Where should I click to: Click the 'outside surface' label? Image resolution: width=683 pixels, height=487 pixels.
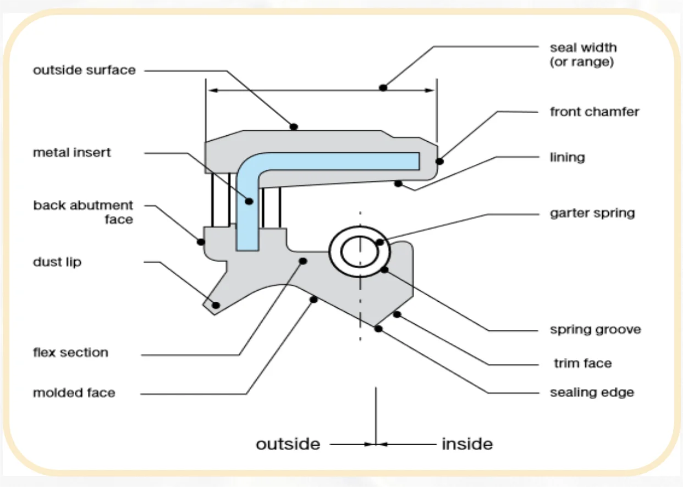84,70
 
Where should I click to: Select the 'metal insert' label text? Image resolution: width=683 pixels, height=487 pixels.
72,153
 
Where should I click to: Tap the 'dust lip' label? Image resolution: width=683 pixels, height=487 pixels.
57,262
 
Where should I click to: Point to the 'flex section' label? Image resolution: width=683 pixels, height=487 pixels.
70,353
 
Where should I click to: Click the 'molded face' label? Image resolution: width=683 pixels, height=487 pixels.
74,393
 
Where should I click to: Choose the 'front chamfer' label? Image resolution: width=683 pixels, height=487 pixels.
594,112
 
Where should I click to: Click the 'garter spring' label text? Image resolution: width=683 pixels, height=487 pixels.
592,213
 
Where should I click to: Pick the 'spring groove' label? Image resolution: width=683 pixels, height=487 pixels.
596,330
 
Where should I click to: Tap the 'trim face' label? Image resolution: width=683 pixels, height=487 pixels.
582,363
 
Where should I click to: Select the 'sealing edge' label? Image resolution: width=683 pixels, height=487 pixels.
592,392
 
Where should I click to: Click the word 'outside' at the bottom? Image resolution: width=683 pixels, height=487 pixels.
288,444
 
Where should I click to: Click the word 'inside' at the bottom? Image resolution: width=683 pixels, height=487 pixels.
467,444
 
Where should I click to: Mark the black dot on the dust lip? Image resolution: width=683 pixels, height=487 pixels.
216,305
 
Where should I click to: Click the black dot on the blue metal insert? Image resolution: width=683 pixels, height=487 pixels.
249,202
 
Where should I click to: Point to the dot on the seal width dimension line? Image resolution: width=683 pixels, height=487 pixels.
383,87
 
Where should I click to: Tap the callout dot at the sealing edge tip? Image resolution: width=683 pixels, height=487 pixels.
378,329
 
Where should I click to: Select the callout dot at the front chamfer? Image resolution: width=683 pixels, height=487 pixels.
439,161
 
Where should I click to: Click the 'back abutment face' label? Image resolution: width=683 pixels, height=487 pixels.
83,212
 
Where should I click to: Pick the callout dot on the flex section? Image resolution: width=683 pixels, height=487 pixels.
302,261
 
